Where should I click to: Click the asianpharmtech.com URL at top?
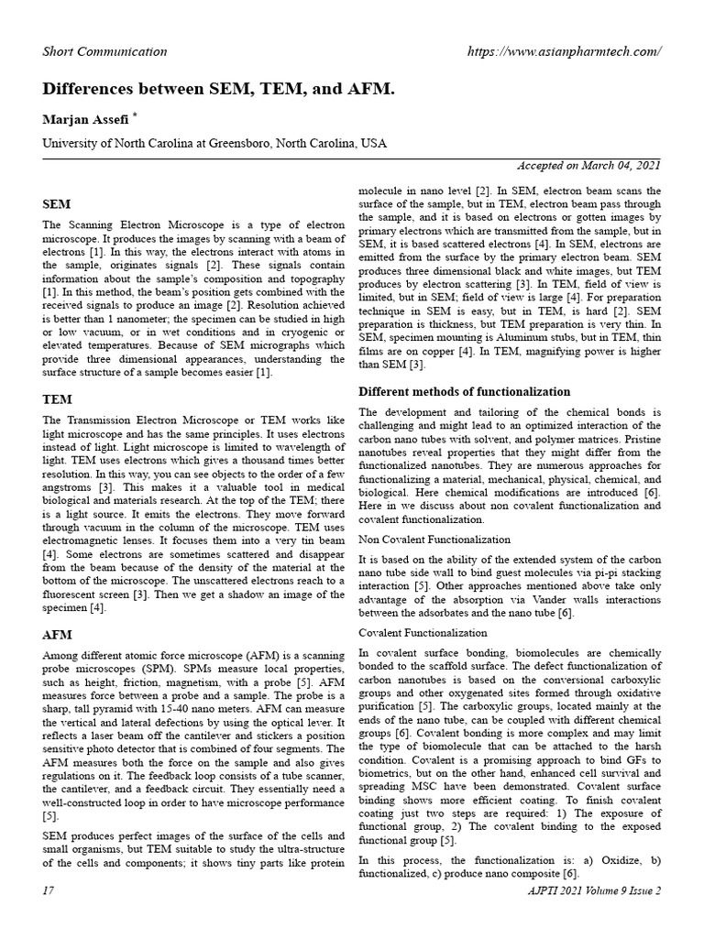coord(564,50)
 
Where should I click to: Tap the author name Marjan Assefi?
coord(85,121)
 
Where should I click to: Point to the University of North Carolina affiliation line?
coord(215,144)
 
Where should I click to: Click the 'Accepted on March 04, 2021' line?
coord(589,166)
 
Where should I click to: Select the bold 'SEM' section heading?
coord(57,203)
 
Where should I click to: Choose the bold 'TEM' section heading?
coord(58,399)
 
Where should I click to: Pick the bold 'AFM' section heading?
coord(58,634)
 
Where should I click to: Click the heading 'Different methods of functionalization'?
coord(464,392)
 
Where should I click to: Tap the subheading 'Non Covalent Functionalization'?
coord(434,540)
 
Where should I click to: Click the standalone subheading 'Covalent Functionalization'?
coord(423,633)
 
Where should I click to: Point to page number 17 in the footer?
coord(49,890)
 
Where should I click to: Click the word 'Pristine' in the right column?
coord(641,441)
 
